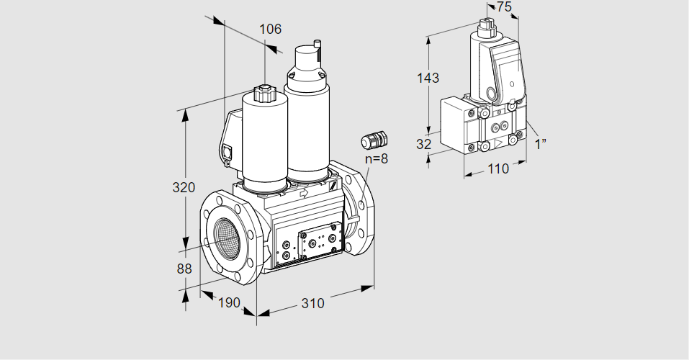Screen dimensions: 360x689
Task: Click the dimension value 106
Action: coord(270,30)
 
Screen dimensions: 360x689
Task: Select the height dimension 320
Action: coord(184,189)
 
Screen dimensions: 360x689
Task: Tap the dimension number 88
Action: coord(184,269)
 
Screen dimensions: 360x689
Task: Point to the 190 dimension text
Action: coord(228,303)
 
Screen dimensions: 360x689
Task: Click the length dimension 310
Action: coord(312,304)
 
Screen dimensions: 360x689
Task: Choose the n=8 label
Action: coord(375,159)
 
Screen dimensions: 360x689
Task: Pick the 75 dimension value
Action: coord(505,6)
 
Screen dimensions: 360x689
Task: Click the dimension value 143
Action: coord(428,78)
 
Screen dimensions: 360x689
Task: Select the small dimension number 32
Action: coord(424,144)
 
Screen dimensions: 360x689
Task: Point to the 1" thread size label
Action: coord(541,144)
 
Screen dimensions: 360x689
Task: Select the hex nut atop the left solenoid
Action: coord(264,93)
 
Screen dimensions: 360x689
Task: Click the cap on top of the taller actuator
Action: coord(307,55)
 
